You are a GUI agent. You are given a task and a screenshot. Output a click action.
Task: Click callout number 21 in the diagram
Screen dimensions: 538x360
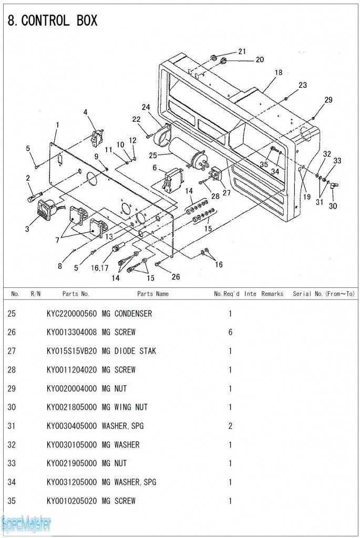coord(242,51)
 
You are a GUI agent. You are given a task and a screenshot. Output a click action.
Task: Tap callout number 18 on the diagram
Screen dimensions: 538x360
coord(278,73)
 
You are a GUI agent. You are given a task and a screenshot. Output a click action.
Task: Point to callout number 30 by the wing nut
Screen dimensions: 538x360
coord(333,206)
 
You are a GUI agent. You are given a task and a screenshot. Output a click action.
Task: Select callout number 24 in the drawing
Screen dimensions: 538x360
coord(146,108)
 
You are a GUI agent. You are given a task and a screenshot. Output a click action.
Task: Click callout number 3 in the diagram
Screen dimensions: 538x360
coord(27,229)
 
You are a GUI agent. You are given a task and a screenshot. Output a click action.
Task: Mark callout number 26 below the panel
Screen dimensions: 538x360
coord(176,277)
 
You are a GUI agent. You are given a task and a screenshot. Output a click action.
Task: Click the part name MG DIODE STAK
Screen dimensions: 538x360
coord(129,351)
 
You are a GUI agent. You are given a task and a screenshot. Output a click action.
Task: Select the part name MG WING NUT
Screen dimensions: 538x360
coord(125,407)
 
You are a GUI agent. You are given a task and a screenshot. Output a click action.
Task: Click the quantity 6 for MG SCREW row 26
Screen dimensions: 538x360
coord(230,333)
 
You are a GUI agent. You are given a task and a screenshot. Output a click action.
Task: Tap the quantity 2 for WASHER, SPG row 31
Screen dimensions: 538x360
coord(230,426)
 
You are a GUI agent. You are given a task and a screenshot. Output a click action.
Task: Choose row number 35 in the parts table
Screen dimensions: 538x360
coord(12,501)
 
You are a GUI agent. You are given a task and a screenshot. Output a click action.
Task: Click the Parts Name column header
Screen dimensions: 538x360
coord(153,294)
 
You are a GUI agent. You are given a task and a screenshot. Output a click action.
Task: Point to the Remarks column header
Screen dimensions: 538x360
coord(272,294)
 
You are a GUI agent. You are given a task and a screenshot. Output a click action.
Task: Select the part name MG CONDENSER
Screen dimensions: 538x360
coord(127,314)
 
